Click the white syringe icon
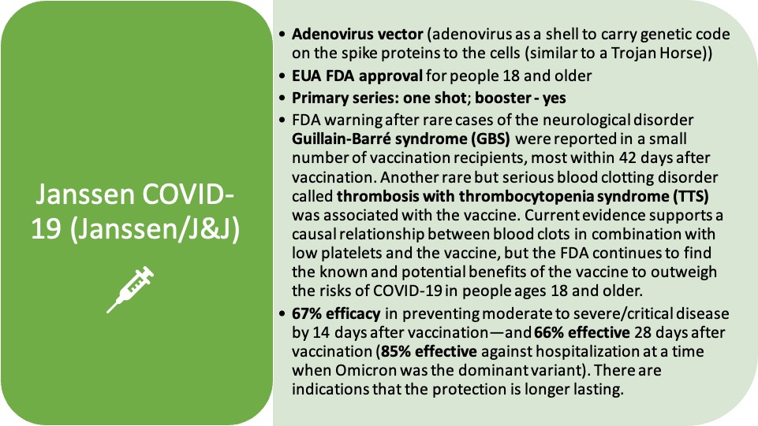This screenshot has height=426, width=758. [x=130, y=289]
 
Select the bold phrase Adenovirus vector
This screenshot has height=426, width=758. [x=358, y=35]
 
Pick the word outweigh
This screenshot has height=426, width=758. [x=684, y=272]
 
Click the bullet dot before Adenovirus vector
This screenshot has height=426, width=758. [x=282, y=35]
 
